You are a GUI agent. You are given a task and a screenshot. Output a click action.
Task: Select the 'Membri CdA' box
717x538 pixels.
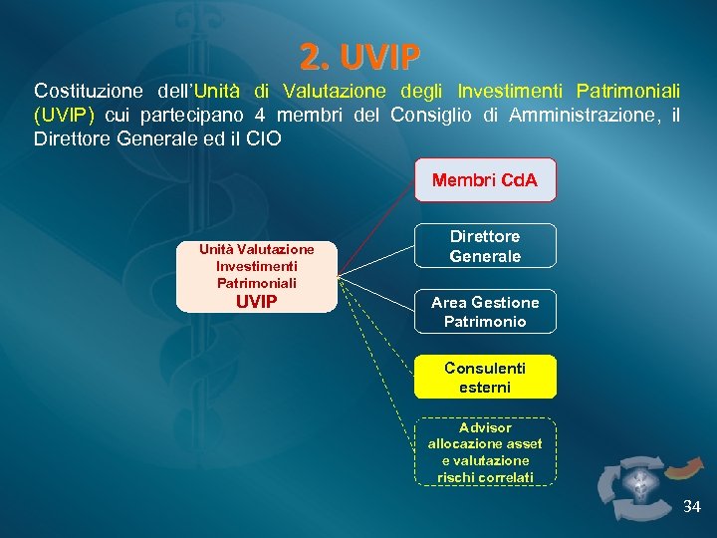(485, 180)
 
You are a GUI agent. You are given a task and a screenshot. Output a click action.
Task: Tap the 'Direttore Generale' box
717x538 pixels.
(485, 246)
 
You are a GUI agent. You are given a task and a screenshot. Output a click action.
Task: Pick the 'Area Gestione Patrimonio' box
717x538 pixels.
(485, 312)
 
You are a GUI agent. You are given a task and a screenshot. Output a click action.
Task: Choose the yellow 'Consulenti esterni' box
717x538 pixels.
(485, 378)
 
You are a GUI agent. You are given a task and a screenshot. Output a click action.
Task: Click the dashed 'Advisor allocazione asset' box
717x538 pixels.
(485, 451)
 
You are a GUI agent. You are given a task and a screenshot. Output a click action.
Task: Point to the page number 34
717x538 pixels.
(691, 507)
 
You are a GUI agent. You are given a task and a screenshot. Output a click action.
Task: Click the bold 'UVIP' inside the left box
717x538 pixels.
(257, 301)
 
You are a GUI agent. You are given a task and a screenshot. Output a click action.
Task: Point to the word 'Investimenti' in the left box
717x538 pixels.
(257, 266)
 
